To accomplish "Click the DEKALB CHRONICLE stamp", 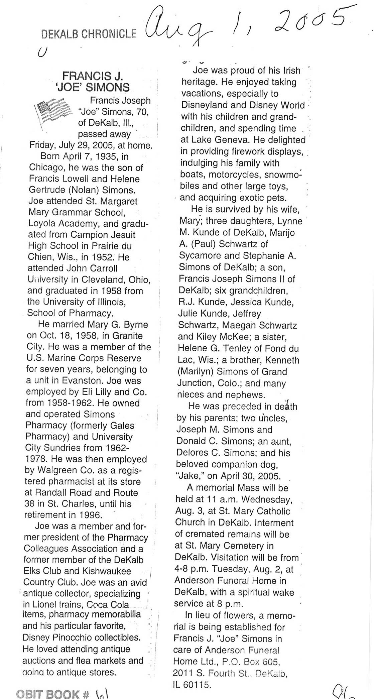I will pos(89,33).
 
